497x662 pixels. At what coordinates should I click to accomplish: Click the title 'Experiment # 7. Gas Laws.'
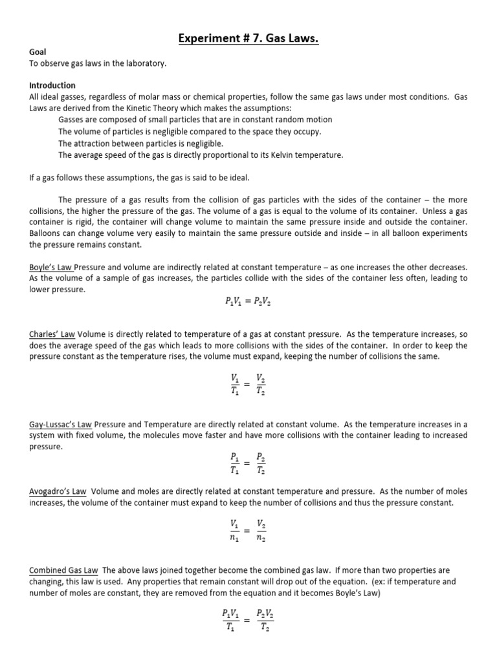point(248,41)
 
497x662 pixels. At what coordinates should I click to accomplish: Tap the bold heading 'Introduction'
point(52,85)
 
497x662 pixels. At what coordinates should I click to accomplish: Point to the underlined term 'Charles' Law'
point(52,334)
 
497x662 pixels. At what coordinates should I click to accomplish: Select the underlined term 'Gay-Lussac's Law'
point(61,424)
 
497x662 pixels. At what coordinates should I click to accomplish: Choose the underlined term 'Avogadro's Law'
point(57,491)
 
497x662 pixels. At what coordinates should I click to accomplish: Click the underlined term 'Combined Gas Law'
point(63,570)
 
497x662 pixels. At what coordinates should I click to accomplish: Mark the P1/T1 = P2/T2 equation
point(247,463)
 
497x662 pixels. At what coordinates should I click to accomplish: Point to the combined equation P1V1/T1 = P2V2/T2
point(247,619)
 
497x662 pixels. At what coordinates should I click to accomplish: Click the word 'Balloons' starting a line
point(46,233)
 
